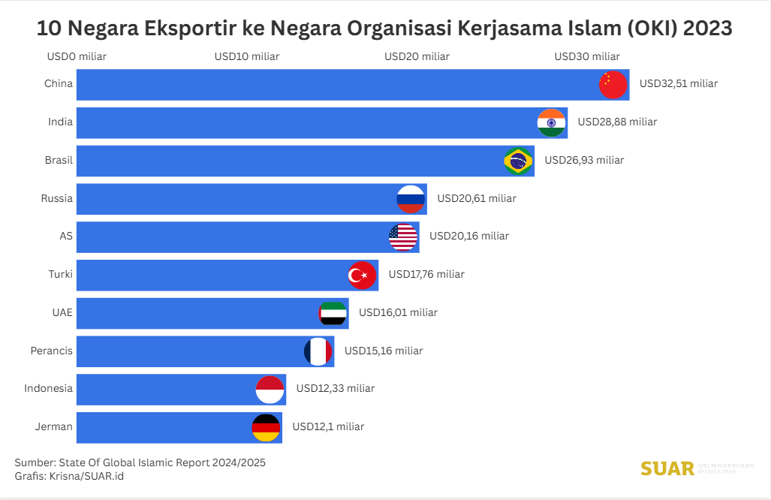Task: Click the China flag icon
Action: [613, 85]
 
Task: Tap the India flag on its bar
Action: [552, 123]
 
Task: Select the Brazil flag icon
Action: [518, 161]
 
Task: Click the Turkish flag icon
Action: [362, 275]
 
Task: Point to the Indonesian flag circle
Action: [270, 389]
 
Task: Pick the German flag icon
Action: [266, 427]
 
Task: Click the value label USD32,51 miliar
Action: [679, 83]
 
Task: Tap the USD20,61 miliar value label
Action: [477, 198]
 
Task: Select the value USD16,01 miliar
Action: [398, 312]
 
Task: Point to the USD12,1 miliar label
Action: [328, 426]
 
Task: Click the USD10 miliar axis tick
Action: [247, 56]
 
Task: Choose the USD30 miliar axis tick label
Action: [587, 56]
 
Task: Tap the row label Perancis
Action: [52, 351]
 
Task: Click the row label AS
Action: [66, 236]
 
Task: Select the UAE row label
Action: [62, 312]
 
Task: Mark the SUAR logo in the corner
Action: [667, 468]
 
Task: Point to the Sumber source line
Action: [140, 462]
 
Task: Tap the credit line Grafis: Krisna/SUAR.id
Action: [69, 476]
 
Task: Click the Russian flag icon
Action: [411, 199]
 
